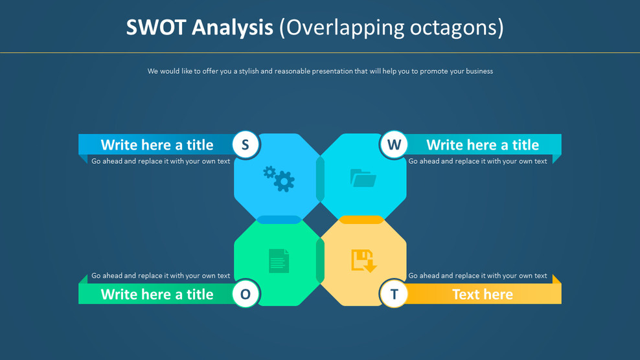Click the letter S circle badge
tap(246, 144)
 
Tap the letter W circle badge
tap(394, 144)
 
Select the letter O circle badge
tap(246, 294)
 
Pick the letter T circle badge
tap(394, 294)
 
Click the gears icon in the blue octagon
tap(279, 178)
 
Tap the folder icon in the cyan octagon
tap(363, 177)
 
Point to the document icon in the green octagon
tap(279, 261)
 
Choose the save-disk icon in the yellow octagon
tap(363, 260)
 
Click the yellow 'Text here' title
tap(483, 294)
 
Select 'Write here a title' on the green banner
tap(157, 294)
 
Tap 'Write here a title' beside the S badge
tap(157, 144)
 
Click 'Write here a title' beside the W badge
tap(483, 144)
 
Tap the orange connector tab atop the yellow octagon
tap(361, 220)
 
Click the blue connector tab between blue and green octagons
tap(279, 220)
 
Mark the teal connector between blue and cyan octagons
tap(320, 179)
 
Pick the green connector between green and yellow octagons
tap(320, 260)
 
